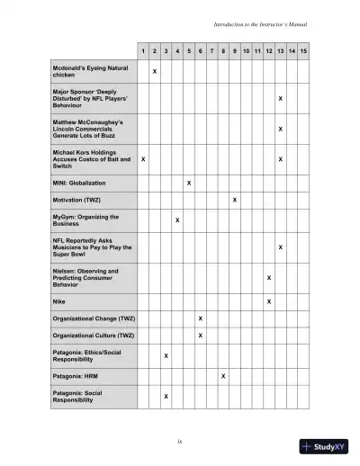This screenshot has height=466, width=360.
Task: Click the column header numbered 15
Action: coord(304,50)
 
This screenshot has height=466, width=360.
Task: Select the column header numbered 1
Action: coord(144,50)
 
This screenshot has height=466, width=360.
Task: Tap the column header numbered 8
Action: coord(223,50)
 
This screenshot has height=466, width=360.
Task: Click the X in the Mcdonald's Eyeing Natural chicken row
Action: coord(155,70)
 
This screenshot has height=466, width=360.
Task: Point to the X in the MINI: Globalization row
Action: coord(189,183)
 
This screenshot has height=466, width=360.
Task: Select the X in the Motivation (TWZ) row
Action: coord(235,199)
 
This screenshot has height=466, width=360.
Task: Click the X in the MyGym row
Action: coord(177,220)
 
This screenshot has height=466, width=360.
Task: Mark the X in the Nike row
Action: coord(269,301)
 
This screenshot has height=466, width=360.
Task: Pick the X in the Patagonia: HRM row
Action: coord(223,375)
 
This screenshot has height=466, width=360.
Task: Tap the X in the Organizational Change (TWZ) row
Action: coord(201,318)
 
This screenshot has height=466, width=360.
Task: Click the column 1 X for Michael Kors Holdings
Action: coord(144,159)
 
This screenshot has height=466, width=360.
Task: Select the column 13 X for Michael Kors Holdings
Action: coord(281,159)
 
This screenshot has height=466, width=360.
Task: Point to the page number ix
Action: coord(180,440)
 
